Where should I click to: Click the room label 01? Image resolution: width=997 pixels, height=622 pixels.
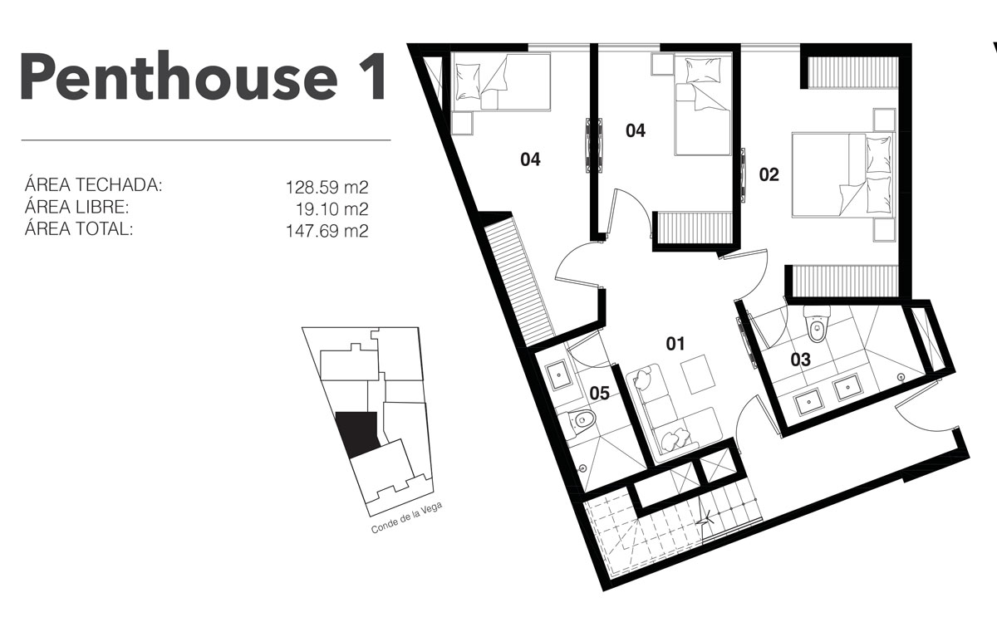(675, 344)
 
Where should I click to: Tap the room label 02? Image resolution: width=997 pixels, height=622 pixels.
(769, 174)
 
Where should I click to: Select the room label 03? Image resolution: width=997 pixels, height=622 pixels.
(801, 360)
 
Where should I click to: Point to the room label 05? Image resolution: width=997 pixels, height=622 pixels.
(599, 394)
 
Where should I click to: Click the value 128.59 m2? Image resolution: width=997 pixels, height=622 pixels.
(327, 188)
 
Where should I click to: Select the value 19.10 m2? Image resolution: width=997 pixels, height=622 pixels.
(332, 208)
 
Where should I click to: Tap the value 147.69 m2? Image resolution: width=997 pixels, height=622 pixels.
(327, 231)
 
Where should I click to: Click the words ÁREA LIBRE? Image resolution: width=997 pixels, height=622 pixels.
(77, 206)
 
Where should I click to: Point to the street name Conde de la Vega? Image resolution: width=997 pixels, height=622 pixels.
(407, 517)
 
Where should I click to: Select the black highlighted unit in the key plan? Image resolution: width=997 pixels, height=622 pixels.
(357, 434)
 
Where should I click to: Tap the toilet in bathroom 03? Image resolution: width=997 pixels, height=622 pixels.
(817, 324)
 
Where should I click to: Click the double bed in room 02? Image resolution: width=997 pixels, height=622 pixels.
(843, 175)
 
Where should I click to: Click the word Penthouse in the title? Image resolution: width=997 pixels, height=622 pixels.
(179, 76)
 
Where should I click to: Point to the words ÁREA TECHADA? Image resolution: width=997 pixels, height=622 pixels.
(93, 184)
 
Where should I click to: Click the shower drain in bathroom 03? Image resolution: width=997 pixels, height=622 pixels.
(902, 377)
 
